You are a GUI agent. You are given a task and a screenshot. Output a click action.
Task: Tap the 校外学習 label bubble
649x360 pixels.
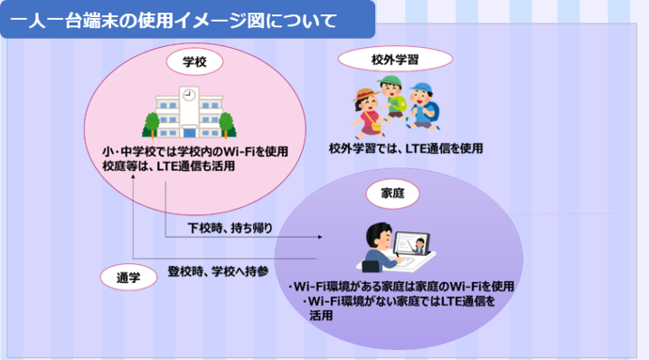[395, 59]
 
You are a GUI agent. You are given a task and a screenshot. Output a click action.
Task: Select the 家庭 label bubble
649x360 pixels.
[387, 193]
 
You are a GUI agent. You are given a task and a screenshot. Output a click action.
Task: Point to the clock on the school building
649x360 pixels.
[189, 95]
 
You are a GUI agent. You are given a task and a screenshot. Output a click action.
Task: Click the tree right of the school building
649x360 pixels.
[227, 123]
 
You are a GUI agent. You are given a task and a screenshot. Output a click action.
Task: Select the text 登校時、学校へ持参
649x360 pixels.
[218, 272]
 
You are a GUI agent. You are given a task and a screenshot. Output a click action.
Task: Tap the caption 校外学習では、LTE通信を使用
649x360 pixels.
[405, 149]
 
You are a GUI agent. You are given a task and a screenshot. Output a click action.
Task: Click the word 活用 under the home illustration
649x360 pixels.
[321, 316]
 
